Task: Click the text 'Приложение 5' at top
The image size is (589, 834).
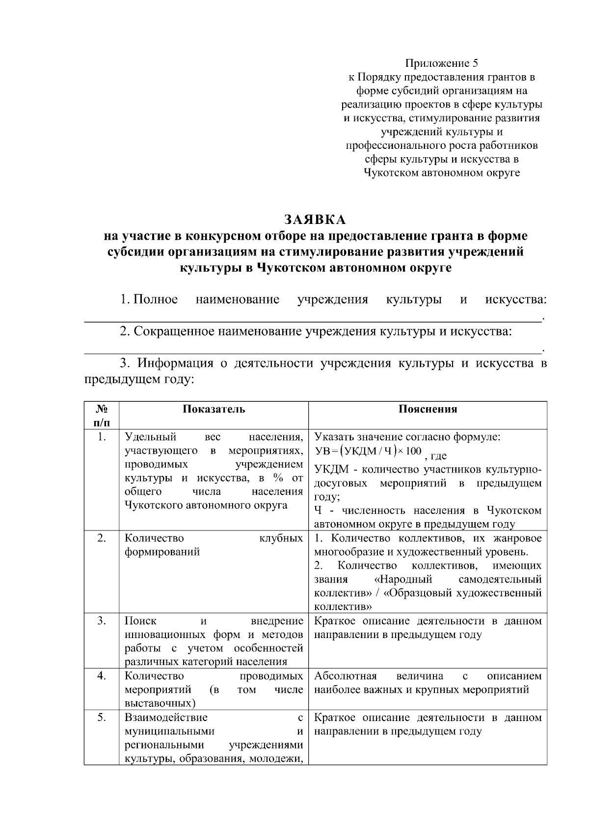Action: pyautogui.click(x=441, y=63)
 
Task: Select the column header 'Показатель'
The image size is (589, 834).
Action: pyautogui.click(x=214, y=409)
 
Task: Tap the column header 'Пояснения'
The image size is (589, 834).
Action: pyautogui.click(x=428, y=409)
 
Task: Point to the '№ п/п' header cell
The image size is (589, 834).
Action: pyautogui.click(x=101, y=416)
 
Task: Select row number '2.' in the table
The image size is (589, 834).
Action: pyautogui.click(x=101, y=538)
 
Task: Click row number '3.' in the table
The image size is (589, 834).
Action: pyautogui.click(x=101, y=621)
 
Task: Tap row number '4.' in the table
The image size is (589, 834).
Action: pyautogui.click(x=101, y=676)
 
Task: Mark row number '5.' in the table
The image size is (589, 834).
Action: pyautogui.click(x=101, y=718)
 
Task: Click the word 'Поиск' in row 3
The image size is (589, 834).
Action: pyautogui.click(x=140, y=621)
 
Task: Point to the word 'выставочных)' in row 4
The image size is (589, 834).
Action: pyautogui.click(x=160, y=703)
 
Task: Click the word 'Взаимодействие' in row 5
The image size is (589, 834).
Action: pyautogui.click(x=166, y=718)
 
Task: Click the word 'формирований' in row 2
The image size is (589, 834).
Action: pyautogui.click(x=162, y=552)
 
